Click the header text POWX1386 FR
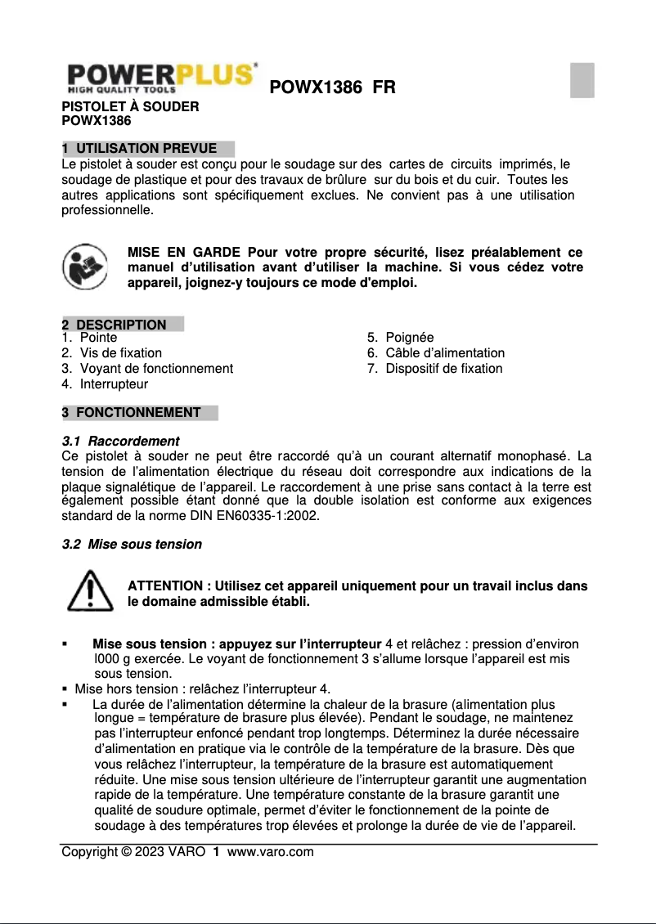(332, 87)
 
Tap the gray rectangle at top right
(582, 80)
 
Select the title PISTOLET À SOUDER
(130, 106)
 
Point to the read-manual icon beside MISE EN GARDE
(85, 266)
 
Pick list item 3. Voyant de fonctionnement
(147, 369)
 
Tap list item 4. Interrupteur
(105, 384)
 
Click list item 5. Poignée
(400, 338)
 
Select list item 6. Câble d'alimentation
(435, 353)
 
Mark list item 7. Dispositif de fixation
(434, 369)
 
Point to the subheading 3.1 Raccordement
(121, 442)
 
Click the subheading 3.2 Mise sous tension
(132, 545)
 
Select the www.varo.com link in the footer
(270, 852)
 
